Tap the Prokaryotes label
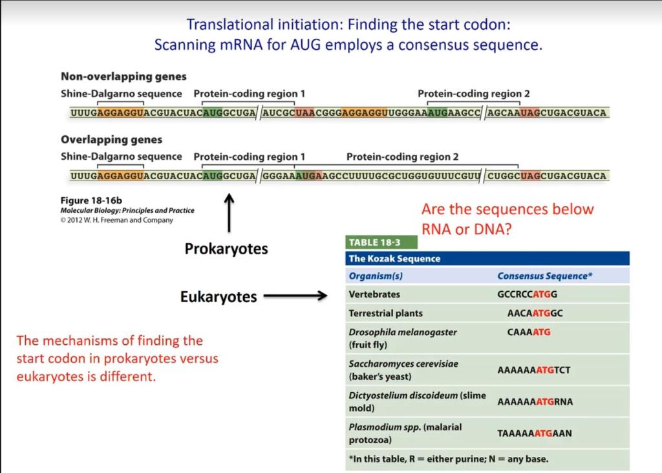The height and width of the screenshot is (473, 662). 226,249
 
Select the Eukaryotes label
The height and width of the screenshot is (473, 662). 218,297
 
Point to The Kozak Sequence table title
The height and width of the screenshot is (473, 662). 394,259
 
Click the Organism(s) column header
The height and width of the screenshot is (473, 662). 376,276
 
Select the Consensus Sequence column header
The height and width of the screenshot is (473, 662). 545,276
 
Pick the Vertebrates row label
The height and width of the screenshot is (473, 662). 374,294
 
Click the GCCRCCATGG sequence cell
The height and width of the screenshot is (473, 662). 527,294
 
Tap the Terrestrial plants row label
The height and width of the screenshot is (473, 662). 385,313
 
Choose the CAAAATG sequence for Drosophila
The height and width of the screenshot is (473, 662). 529,332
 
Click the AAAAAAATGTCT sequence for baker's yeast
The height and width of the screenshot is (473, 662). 533,370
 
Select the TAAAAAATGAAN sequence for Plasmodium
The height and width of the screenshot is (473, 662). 534,434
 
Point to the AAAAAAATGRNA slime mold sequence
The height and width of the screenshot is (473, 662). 535,402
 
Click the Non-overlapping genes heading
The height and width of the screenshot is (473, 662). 123,77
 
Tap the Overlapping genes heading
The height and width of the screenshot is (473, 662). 111,140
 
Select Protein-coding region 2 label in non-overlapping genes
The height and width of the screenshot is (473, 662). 473,94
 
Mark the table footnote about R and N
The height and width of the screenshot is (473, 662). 448,459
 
